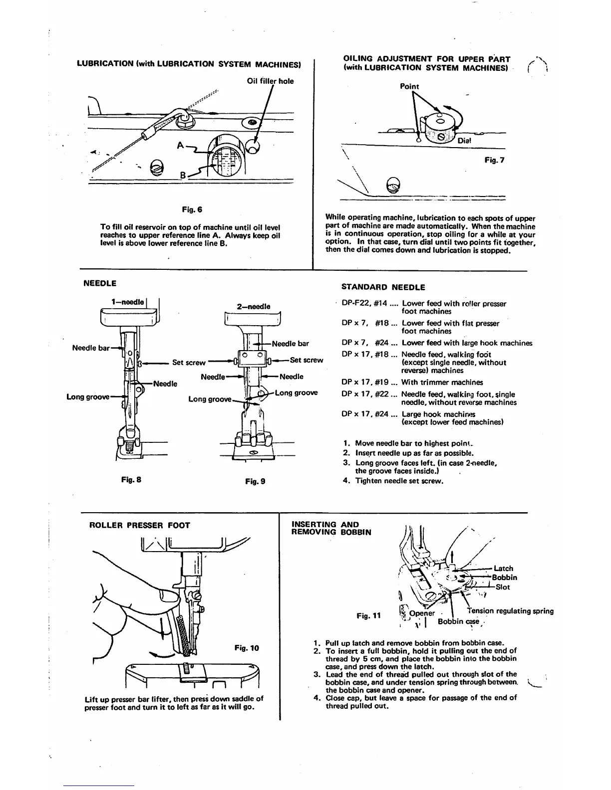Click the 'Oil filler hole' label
(270, 81)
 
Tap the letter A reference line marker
(180, 146)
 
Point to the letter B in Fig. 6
(183, 175)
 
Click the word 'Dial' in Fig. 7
(464, 141)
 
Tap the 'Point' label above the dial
(409, 86)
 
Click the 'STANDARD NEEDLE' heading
(383, 287)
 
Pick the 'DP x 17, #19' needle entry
(369, 383)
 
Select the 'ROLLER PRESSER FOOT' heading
(139, 525)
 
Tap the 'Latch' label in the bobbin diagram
(503, 568)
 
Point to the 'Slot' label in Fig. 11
(503, 587)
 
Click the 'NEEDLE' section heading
(100, 283)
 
